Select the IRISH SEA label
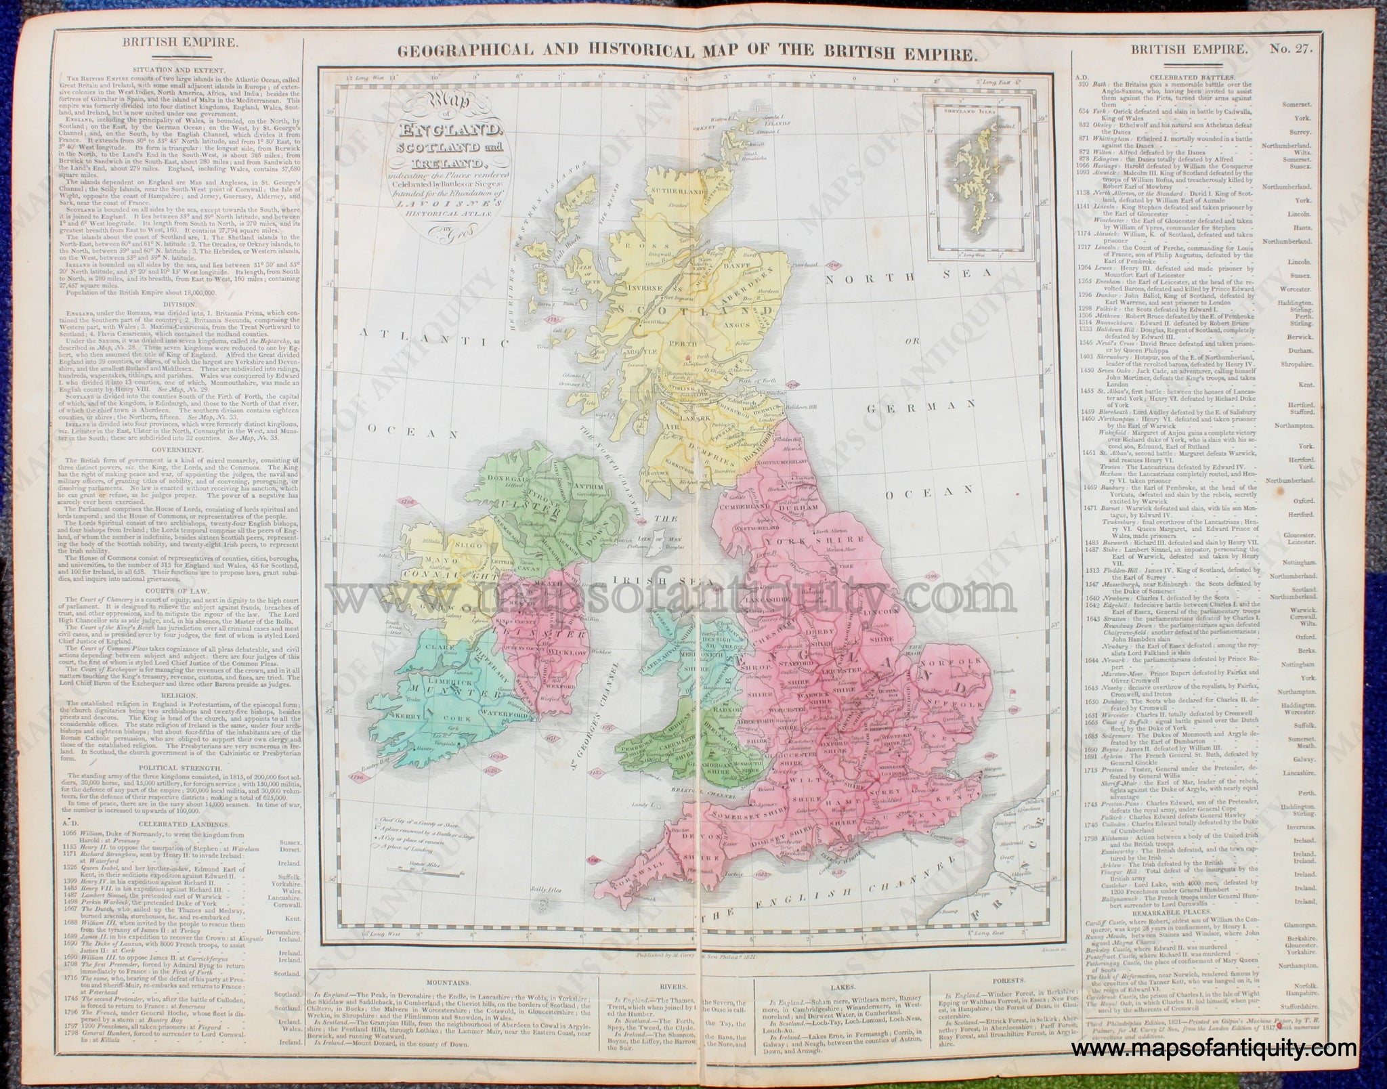tap(648, 580)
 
